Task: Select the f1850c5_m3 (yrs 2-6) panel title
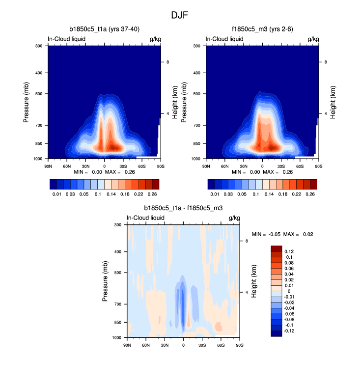point(262,29)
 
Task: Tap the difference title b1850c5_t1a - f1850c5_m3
point(183,208)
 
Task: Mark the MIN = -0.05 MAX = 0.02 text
point(282,234)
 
